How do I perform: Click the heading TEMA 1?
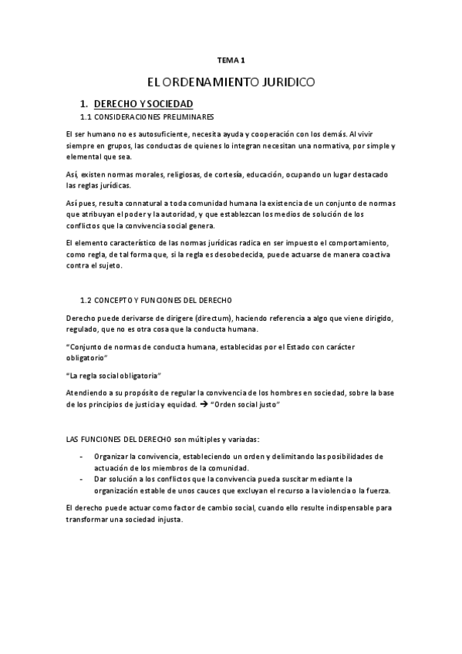[x=231, y=59]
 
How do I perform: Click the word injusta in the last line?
[x=168, y=519]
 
